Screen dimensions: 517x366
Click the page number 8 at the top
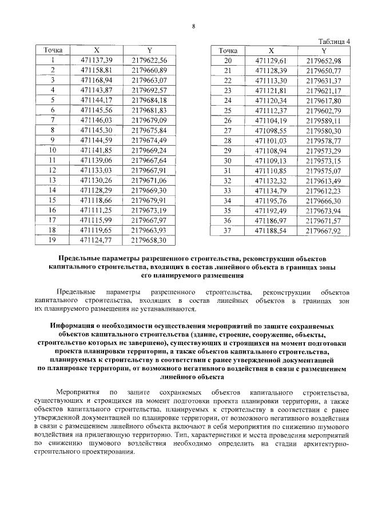coord(193,26)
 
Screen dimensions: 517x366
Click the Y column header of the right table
coord(324,50)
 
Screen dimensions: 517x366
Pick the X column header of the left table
coord(96,50)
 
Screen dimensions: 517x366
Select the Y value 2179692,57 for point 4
coord(149,90)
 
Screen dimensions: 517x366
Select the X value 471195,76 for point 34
coord(272,201)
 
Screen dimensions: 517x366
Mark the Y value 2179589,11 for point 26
coord(324,121)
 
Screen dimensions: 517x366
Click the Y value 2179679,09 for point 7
coord(149,120)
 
